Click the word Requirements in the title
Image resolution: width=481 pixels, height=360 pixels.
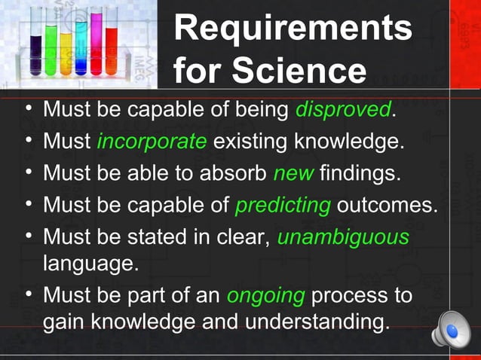coord(293,29)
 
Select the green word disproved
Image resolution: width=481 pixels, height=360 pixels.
coord(343,110)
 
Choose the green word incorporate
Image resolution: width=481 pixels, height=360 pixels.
coord(151,141)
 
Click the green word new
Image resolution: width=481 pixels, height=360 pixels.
coord(293,173)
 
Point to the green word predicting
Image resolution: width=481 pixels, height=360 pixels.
coord(283,205)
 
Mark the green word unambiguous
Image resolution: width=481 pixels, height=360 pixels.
coord(343,237)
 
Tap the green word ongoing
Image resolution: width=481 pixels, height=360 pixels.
coord(265,295)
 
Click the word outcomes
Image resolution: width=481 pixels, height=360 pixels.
coord(387,205)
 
